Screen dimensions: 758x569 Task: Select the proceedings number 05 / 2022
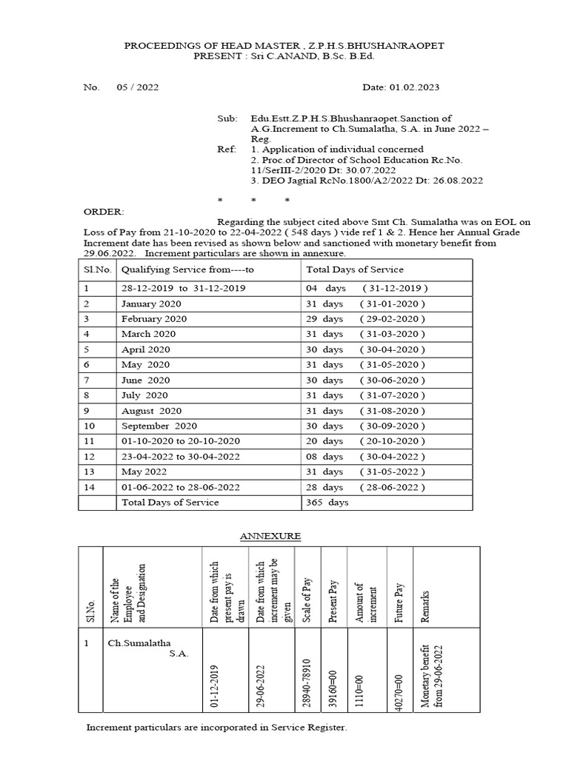click(137, 87)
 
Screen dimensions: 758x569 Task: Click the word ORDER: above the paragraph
click(100, 211)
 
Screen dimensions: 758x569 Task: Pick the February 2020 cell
click(154, 318)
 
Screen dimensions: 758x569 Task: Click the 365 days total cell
click(327, 502)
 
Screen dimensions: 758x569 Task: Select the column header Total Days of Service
click(354, 269)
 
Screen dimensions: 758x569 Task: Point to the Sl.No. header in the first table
click(97, 269)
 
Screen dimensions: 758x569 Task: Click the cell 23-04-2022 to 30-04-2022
click(181, 457)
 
